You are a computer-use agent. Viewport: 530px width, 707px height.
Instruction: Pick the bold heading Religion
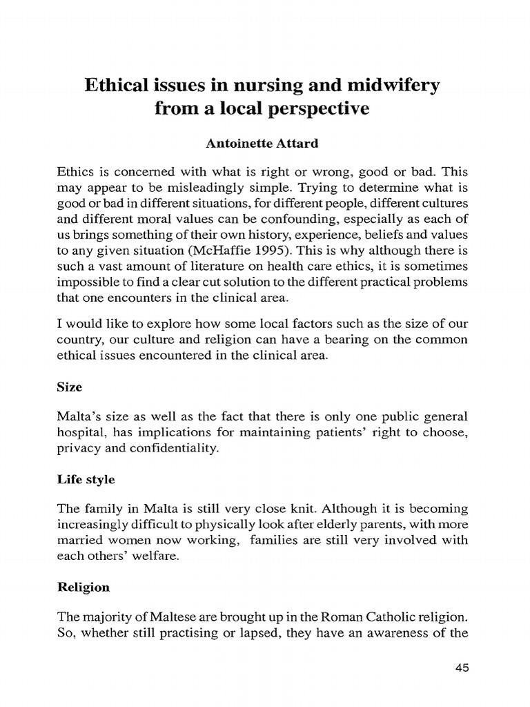coord(83,587)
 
